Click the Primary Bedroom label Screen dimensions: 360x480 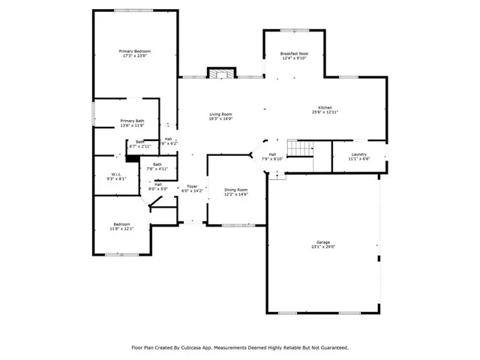point(135,51)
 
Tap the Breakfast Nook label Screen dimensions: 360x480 point(294,54)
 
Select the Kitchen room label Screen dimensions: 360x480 point(325,108)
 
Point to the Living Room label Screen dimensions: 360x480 point(220,114)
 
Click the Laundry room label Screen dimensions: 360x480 point(359,154)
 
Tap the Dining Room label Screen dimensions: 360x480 point(235,190)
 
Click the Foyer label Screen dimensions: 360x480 point(192,187)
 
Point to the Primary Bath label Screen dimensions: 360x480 point(132,121)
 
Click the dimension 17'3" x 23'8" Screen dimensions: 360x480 point(135,55)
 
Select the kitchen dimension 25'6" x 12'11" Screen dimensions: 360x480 point(325,112)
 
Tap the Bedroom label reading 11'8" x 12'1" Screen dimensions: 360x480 point(122,224)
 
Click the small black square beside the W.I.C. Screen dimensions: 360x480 point(130,157)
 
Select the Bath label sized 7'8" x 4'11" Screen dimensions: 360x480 point(157,164)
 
